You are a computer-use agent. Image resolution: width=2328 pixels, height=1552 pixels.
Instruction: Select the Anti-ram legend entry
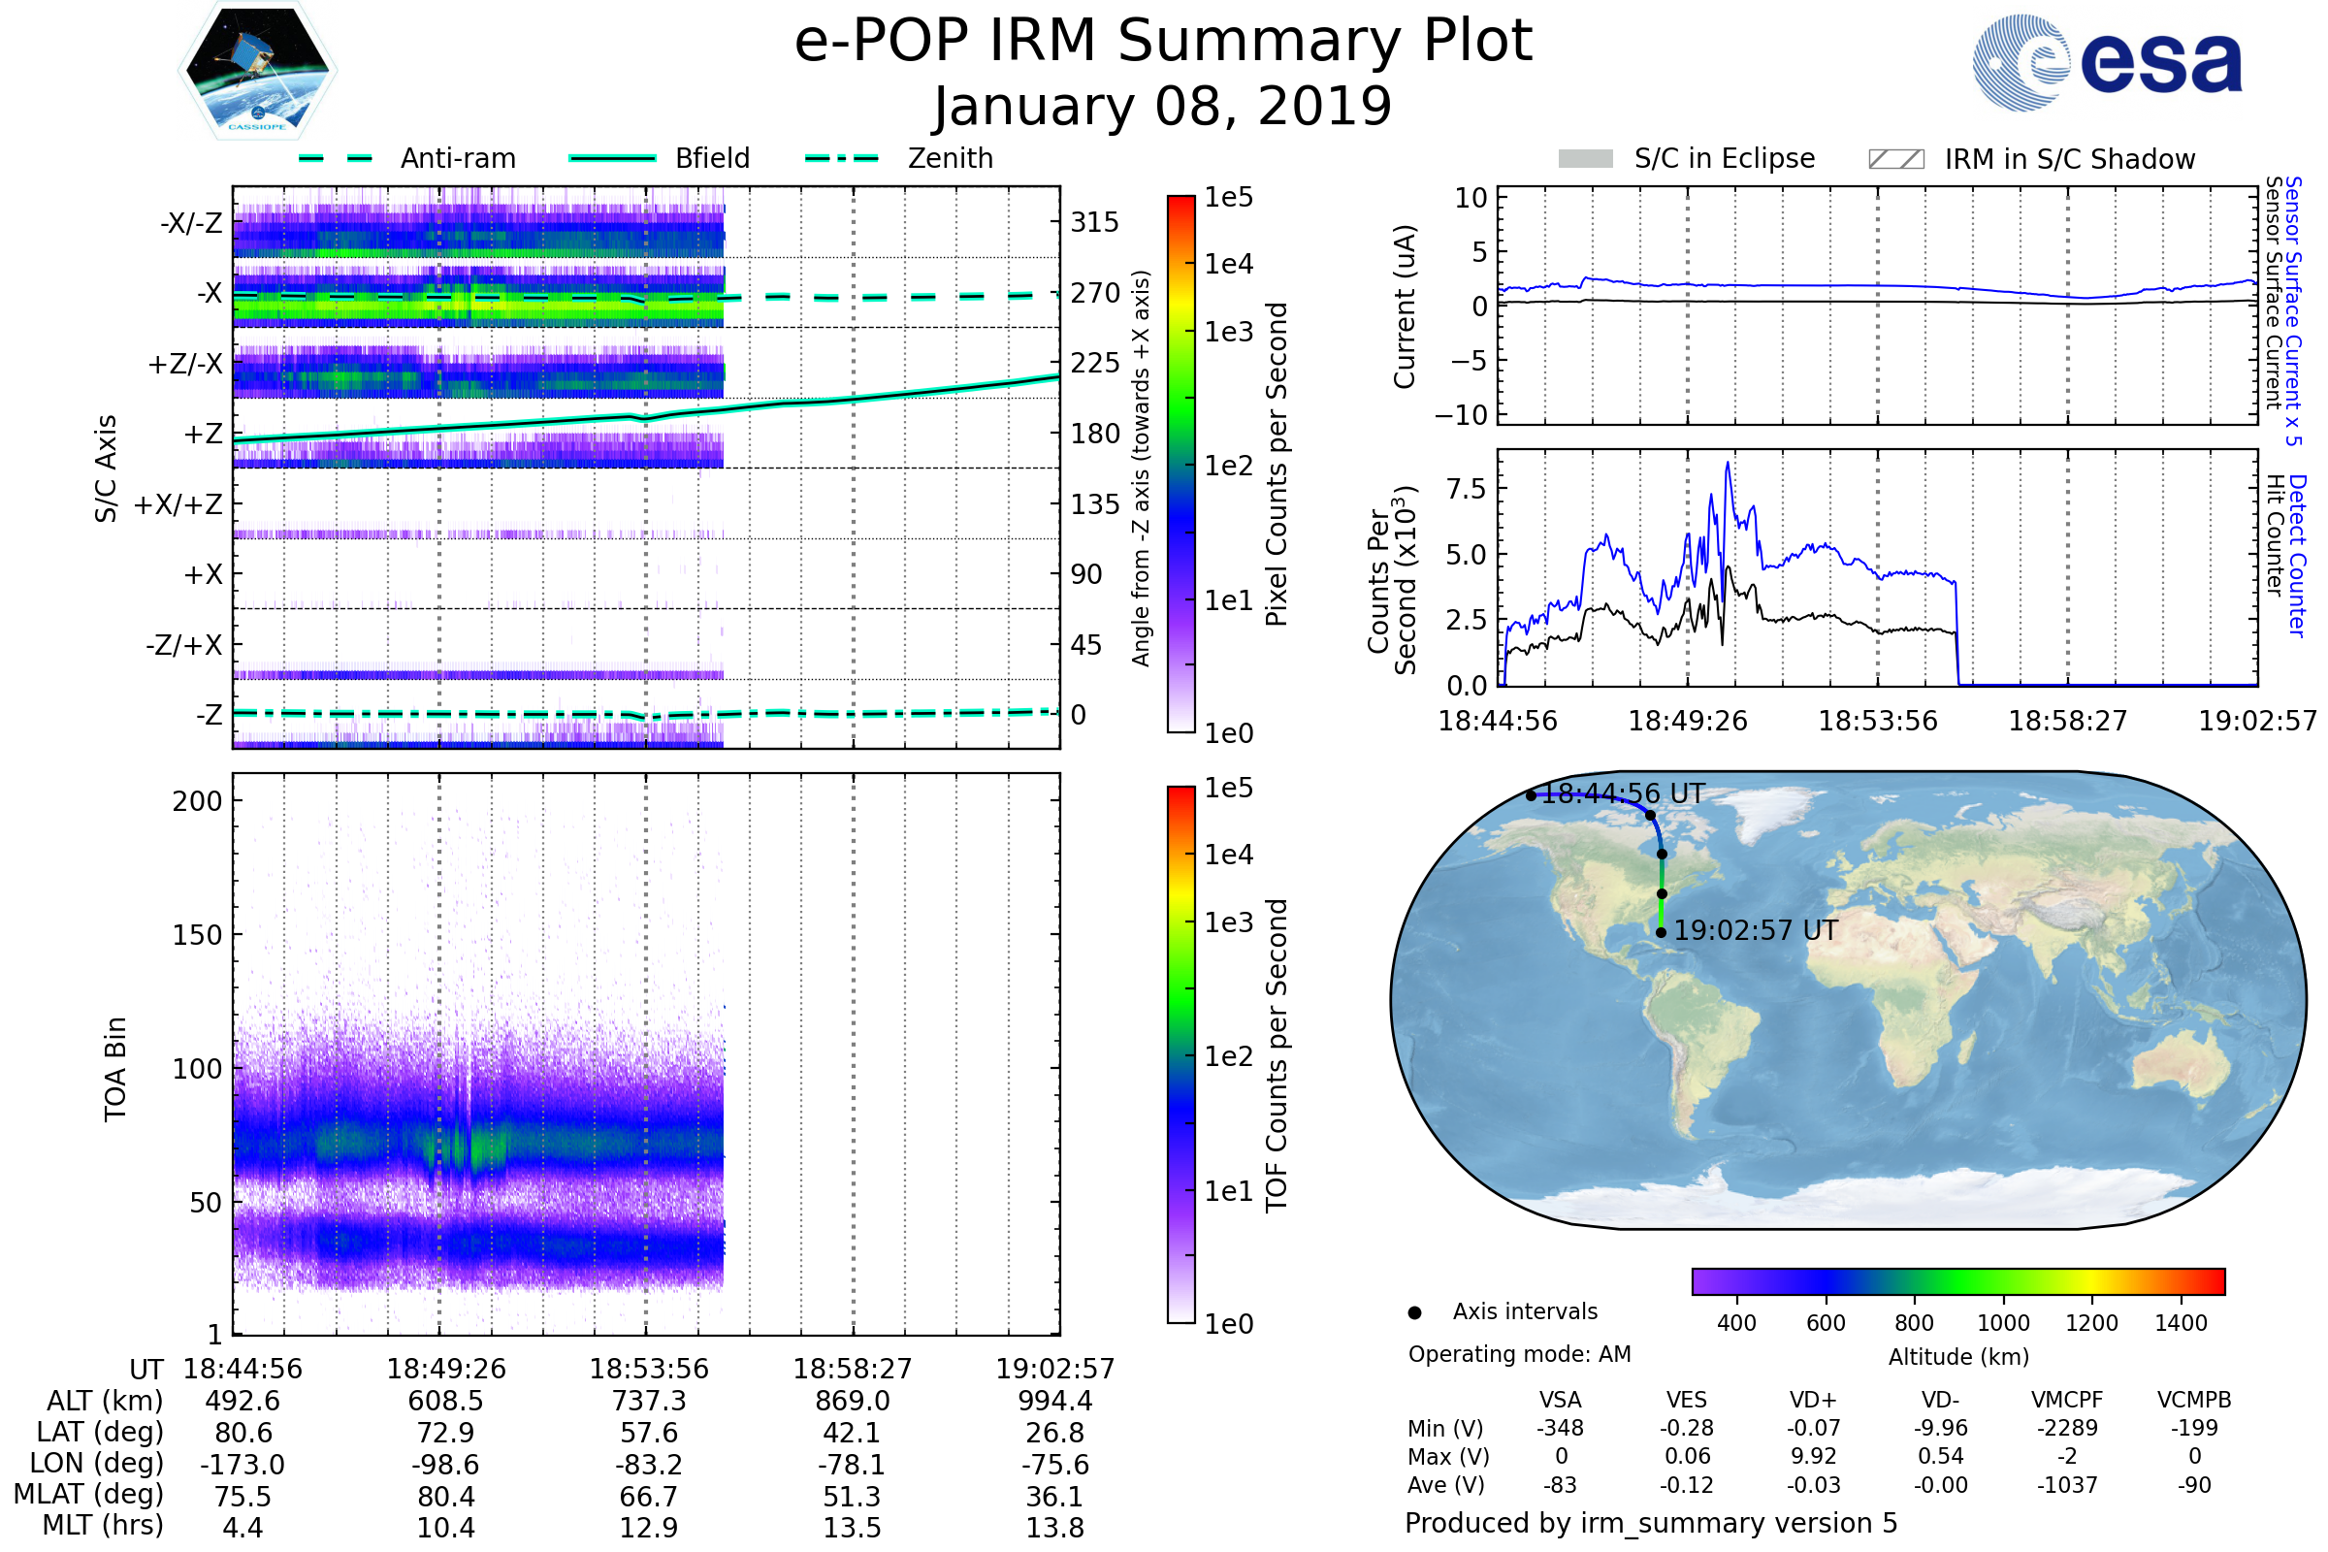pyautogui.click(x=457, y=158)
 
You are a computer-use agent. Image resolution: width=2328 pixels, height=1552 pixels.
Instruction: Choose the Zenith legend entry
pyautogui.click(x=950, y=158)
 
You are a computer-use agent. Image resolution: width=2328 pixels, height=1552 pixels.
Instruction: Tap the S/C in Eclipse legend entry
pyautogui.click(x=1724, y=159)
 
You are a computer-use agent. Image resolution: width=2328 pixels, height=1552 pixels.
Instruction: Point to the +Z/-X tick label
pyautogui.click(x=185, y=365)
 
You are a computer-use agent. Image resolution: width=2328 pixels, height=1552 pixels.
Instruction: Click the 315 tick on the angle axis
pyautogui.click(x=1094, y=222)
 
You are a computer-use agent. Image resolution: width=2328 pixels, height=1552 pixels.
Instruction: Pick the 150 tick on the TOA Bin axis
pyautogui.click(x=197, y=935)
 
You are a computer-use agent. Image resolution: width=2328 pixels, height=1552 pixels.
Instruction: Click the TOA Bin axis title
pyautogui.click(x=115, y=1069)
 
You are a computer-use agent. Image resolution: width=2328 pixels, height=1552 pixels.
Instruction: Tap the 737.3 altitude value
pyautogui.click(x=648, y=1402)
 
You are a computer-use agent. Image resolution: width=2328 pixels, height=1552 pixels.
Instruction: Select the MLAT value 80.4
pyautogui.click(x=445, y=1497)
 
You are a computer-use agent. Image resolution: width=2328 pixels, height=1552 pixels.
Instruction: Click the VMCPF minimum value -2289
pyautogui.click(x=2067, y=1428)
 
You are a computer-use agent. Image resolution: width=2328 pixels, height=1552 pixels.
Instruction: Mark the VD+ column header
pyautogui.click(x=1812, y=1400)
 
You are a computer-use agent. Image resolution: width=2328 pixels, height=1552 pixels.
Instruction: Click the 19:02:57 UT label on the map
pyautogui.click(x=1755, y=931)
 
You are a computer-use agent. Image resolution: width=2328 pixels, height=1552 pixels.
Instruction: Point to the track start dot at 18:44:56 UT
pyautogui.click(x=1532, y=795)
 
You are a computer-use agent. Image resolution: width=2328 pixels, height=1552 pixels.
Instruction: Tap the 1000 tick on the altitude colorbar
pyautogui.click(x=2002, y=1323)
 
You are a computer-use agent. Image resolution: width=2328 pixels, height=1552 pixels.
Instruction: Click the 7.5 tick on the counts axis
pyautogui.click(x=1466, y=489)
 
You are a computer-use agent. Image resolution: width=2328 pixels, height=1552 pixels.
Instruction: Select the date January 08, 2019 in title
pyautogui.click(x=1162, y=107)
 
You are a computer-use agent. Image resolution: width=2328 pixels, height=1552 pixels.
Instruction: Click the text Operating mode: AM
pyautogui.click(x=1519, y=1354)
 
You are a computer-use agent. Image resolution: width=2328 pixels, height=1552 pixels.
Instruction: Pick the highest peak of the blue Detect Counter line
pyautogui.click(x=1729, y=464)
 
